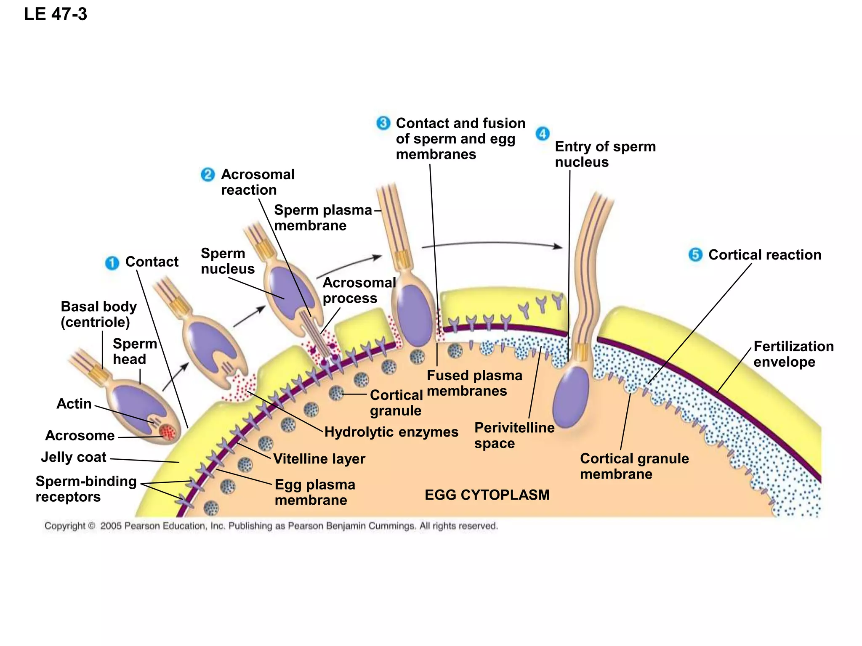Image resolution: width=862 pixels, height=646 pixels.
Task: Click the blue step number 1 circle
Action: click(x=112, y=263)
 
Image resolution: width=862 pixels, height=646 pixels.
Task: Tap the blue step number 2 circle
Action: click(x=208, y=175)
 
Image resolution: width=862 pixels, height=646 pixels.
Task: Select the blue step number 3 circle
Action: click(x=383, y=123)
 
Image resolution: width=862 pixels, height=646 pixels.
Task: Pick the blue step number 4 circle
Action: click(x=543, y=134)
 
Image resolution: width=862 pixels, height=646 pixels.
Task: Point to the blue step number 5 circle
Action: click(x=695, y=254)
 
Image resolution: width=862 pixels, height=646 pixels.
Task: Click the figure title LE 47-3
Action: click(x=56, y=14)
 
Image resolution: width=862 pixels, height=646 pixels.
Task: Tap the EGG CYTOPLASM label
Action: click(x=487, y=495)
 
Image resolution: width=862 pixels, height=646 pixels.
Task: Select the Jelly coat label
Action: click(x=74, y=457)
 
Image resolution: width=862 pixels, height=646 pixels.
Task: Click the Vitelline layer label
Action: click(x=319, y=459)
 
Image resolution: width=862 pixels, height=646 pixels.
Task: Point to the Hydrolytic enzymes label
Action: click(x=391, y=432)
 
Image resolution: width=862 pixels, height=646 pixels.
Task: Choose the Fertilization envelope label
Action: click(x=793, y=354)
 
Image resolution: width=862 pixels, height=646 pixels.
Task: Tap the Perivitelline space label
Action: click(x=514, y=435)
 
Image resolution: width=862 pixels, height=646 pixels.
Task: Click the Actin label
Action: click(x=74, y=404)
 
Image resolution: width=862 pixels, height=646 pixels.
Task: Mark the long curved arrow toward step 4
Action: click(x=492, y=243)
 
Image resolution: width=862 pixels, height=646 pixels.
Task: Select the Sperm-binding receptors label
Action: click(x=86, y=489)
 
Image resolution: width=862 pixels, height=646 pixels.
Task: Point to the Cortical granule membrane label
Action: click(x=634, y=466)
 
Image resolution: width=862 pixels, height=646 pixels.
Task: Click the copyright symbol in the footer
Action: click(x=92, y=526)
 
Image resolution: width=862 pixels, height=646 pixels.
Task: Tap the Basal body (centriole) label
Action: click(x=98, y=314)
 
